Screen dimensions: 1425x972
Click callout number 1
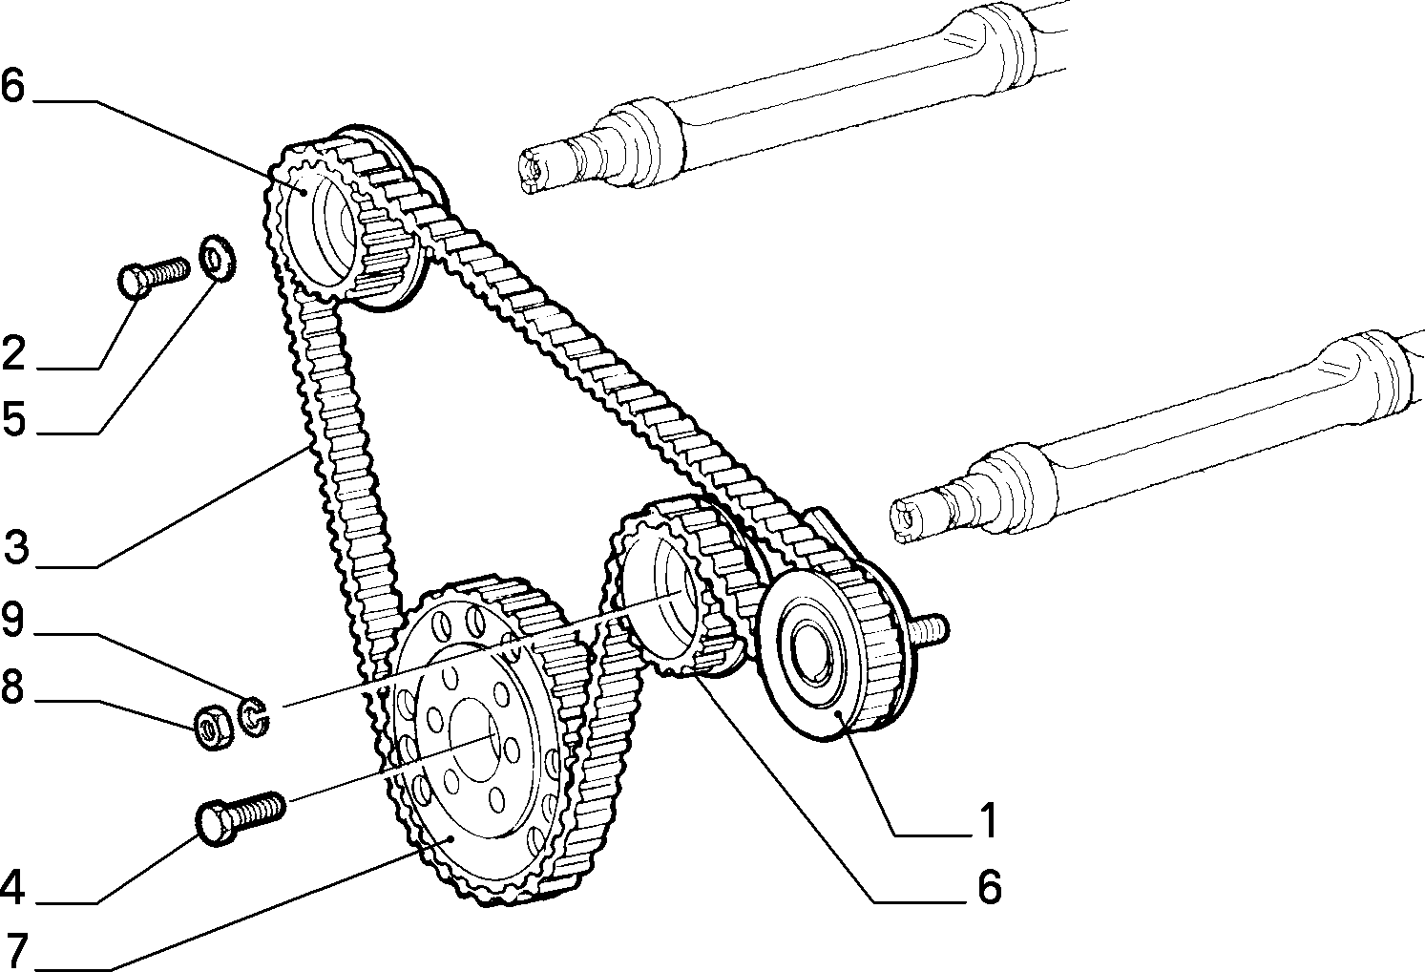[x=987, y=820]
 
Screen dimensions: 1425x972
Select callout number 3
[x=16, y=547]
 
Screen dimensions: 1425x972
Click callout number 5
[x=14, y=419]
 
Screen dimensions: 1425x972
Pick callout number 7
[x=16, y=950]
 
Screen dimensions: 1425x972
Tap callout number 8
[x=12, y=687]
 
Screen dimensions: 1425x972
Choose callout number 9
[x=12, y=620]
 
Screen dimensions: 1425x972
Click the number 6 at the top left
[x=12, y=86]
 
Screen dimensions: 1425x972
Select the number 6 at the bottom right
[x=989, y=887]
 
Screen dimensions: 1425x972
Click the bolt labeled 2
[x=154, y=276]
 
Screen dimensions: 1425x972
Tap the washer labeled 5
[x=219, y=258]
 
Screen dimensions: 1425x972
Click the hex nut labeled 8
[x=213, y=727]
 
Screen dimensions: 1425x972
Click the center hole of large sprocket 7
[x=474, y=738]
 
